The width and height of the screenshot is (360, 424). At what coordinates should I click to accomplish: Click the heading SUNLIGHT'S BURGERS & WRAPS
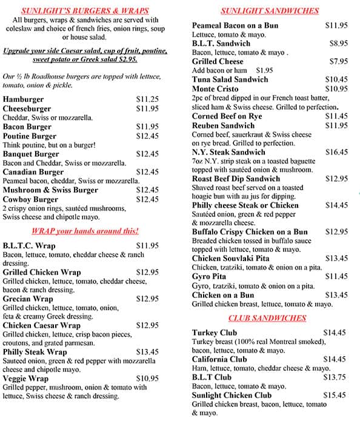[85, 11]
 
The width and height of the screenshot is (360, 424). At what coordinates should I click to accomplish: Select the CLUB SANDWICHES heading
[267, 318]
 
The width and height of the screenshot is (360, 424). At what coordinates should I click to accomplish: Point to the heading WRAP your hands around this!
[85, 231]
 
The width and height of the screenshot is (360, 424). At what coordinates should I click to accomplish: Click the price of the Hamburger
[147, 99]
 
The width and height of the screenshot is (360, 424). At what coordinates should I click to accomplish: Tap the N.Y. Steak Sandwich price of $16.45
[336, 152]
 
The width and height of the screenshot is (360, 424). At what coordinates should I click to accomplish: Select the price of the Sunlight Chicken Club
[335, 395]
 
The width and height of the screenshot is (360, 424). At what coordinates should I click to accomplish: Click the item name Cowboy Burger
[31, 199]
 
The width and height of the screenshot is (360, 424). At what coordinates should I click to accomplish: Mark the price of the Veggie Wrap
[147, 379]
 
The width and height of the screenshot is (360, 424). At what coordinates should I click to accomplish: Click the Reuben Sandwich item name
[224, 125]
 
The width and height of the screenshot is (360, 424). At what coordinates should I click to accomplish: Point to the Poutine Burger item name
[30, 136]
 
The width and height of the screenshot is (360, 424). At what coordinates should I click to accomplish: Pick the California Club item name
[219, 359]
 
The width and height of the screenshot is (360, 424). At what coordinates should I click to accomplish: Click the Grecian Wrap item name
[28, 299]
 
